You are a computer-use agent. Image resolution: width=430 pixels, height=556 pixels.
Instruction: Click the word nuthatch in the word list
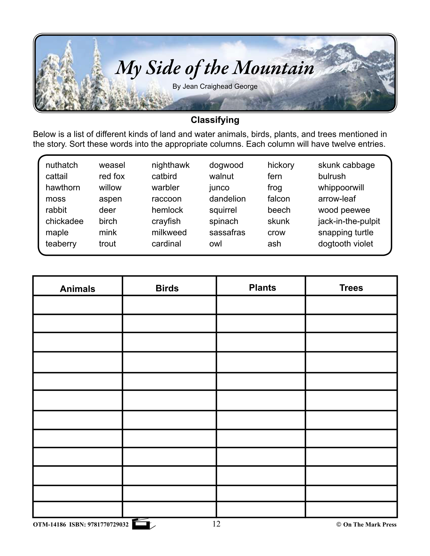(x=62, y=165)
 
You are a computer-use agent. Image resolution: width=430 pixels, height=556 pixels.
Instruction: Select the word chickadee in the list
(x=64, y=221)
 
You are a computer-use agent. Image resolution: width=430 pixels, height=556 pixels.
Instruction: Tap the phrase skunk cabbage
(x=346, y=165)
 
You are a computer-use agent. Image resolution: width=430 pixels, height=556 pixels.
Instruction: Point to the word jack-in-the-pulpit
(x=349, y=221)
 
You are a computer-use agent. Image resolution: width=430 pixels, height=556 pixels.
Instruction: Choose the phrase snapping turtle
(x=345, y=232)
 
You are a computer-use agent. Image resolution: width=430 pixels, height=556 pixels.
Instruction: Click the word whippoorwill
(x=341, y=188)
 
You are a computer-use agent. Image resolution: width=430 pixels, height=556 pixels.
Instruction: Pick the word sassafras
(x=227, y=232)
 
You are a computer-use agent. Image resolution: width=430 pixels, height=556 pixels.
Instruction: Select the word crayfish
(x=166, y=221)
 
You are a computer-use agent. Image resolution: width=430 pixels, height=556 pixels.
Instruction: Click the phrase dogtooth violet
(x=345, y=244)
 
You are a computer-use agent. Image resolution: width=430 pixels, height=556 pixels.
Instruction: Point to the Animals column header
(x=77, y=289)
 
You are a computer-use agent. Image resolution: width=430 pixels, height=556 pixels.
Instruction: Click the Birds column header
(x=167, y=288)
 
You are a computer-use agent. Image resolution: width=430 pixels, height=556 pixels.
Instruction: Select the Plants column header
(x=262, y=288)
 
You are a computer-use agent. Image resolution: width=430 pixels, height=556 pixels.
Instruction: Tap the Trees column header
(x=351, y=288)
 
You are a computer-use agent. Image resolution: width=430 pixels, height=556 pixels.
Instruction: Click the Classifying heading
(x=215, y=120)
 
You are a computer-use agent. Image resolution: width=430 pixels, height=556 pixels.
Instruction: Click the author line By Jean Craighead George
(x=215, y=87)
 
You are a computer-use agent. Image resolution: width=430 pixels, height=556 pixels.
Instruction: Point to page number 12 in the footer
(x=216, y=524)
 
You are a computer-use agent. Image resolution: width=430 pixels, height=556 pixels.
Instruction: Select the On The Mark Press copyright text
(x=367, y=525)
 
